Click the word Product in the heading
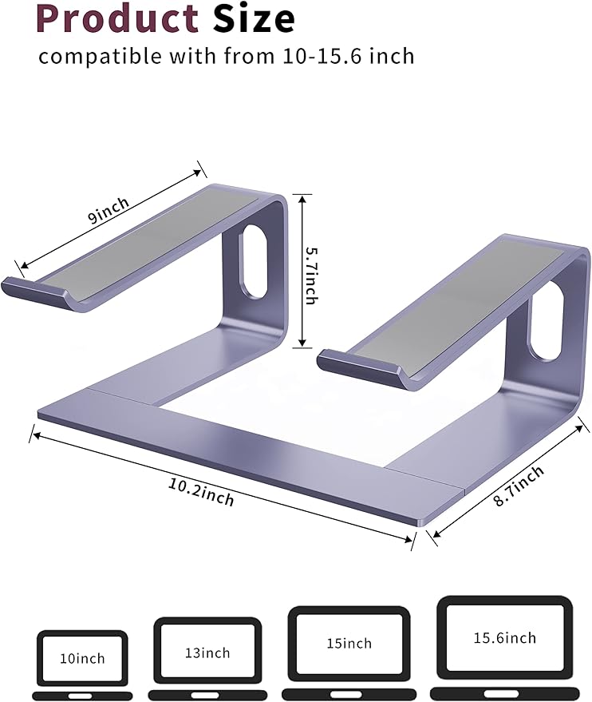coord(117,19)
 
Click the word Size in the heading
coord(254,19)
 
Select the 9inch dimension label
coord(109,210)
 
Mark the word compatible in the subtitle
coord(89,57)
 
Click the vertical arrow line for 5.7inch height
coord(301,272)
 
